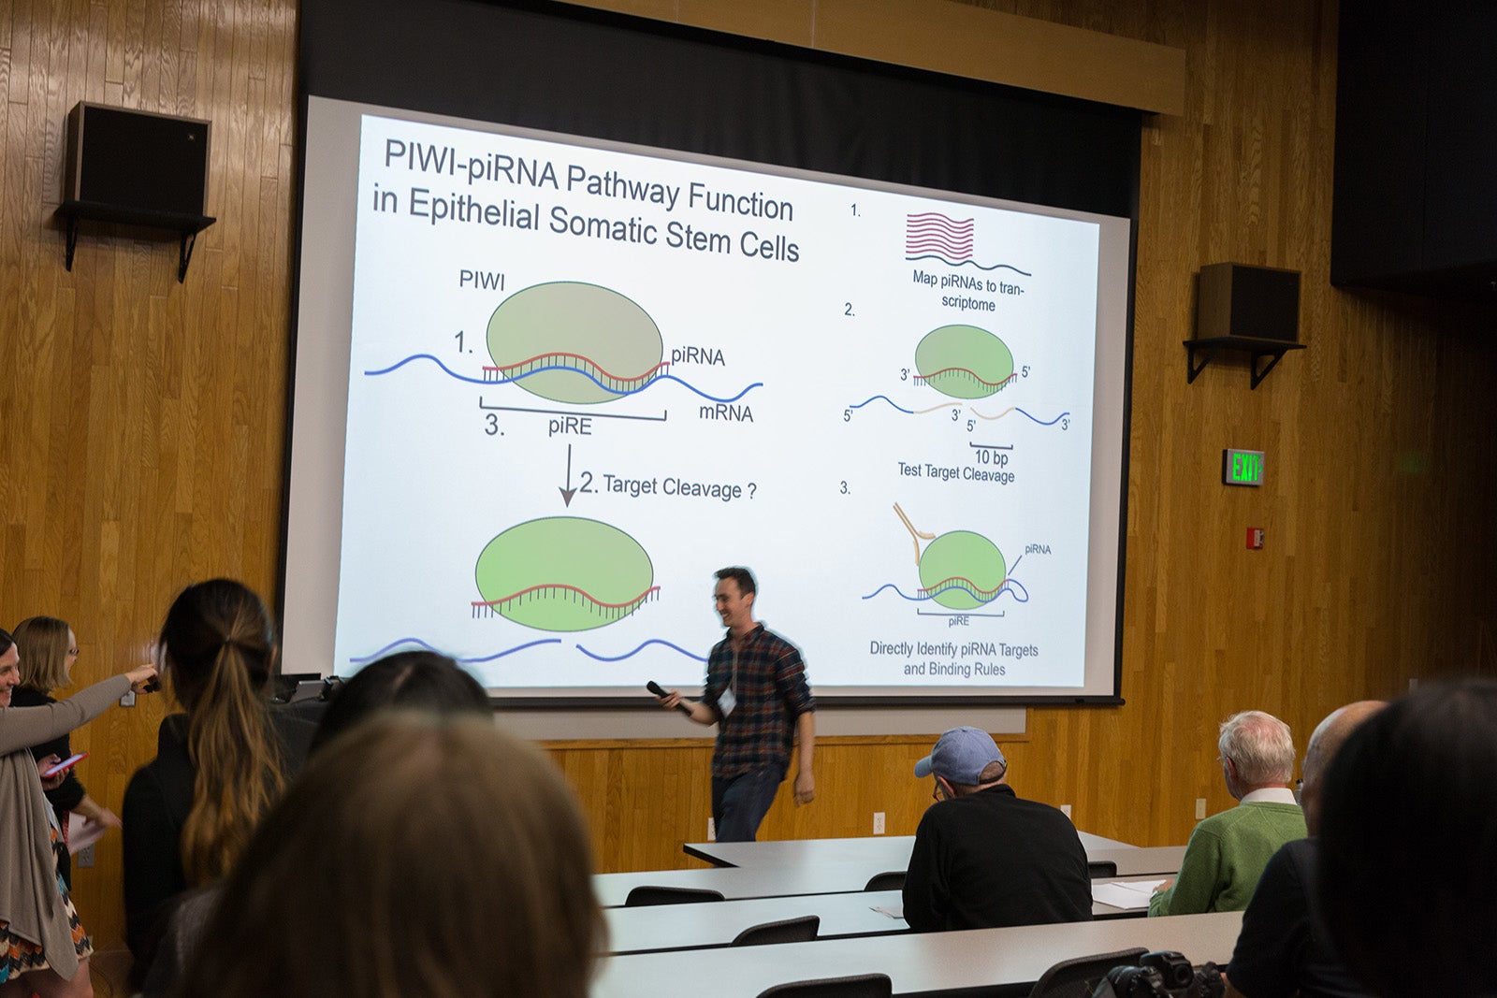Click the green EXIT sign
pos(1243,467)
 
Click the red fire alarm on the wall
pos(1255,538)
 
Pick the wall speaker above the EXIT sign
pos(1248,303)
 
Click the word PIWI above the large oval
pos(482,281)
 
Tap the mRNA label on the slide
pos(726,412)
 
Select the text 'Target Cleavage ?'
pos(679,487)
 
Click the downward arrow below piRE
pos(568,476)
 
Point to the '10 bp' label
pos(991,457)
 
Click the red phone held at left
pos(65,764)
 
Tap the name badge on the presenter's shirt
pos(726,701)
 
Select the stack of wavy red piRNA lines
pos(939,237)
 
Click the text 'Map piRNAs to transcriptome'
pos(967,290)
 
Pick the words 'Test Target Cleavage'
pos(955,472)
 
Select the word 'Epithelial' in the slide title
pos(473,210)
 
